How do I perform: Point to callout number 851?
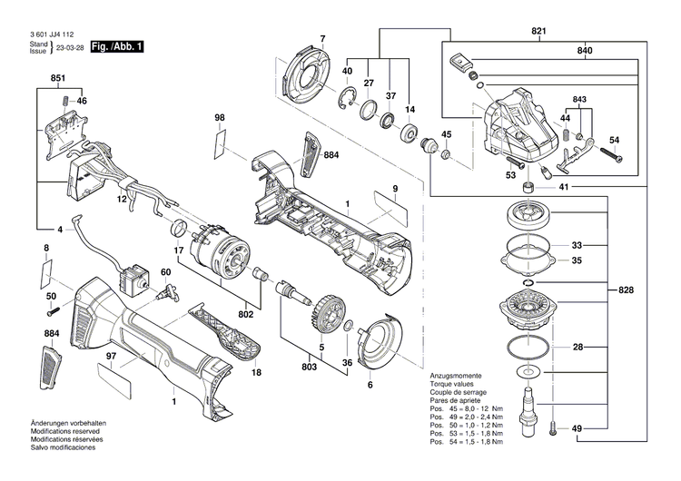(58, 80)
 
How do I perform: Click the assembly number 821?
(539, 33)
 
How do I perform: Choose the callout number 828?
(627, 290)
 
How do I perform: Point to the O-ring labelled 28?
(527, 348)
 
